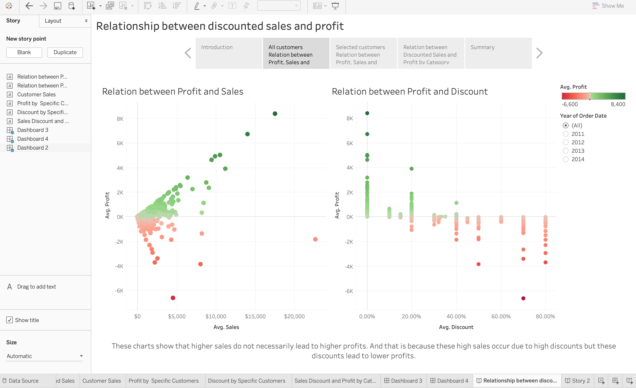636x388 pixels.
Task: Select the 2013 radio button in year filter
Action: [x=565, y=151]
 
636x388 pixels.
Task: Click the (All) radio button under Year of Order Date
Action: [x=565, y=126]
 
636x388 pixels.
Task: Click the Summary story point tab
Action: [x=498, y=53]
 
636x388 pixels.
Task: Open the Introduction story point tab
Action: [x=229, y=53]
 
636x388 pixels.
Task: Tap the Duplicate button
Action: [x=65, y=52]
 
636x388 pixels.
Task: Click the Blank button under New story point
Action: [x=24, y=52]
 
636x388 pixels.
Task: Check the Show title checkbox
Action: [x=10, y=320]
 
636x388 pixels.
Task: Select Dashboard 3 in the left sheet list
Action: [x=33, y=130]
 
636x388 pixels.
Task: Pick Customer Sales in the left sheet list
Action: [x=36, y=95]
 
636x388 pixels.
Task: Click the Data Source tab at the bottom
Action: [x=24, y=381]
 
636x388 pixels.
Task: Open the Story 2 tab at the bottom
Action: [x=578, y=381]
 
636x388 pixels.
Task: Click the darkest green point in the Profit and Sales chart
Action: [x=275, y=114]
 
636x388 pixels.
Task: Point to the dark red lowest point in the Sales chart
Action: [x=173, y=298]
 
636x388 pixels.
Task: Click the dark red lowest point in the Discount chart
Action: [x=523, y=298]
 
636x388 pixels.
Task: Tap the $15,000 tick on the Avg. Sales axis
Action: [x=255, y=317]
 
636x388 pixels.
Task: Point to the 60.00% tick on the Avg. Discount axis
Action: [x=501, y=317]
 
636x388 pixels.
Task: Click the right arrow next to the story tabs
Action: [x=539, y=53]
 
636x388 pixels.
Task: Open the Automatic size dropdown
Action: [x=44, y=356]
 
